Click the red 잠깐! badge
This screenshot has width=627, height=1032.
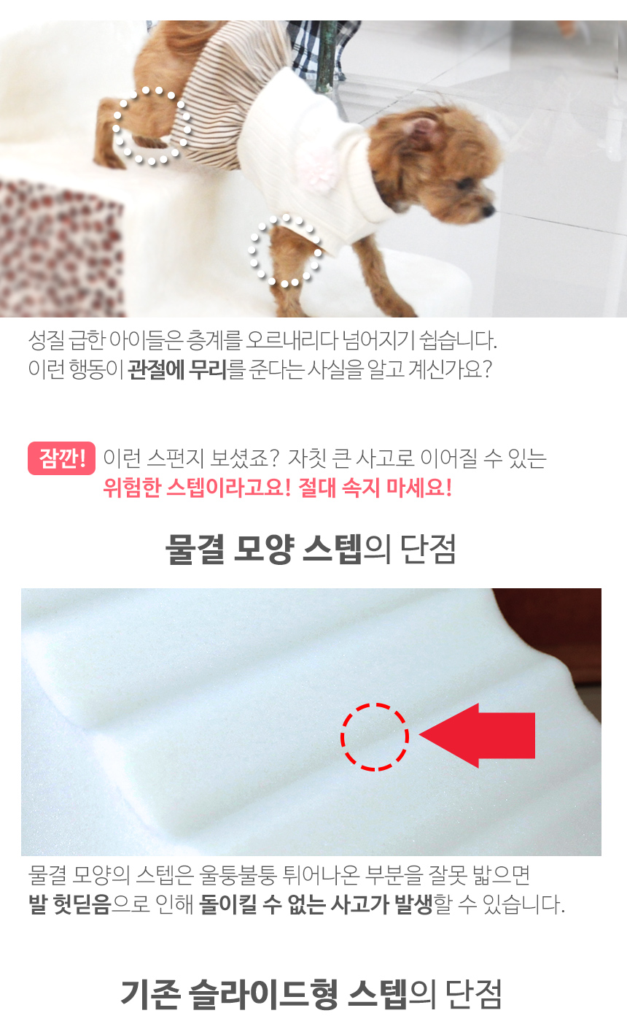click(x=62, y=458)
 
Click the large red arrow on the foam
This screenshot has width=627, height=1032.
click(x=481, y=735)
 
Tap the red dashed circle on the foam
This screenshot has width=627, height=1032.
click(x=375, y=736)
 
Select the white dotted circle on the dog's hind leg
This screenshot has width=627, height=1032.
click(x=152, y=126)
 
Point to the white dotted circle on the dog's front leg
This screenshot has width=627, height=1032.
click(x=285, y=250)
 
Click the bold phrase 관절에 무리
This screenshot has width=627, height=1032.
click(x=177, y=369)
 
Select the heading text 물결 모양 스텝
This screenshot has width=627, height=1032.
click(x=262, y=550)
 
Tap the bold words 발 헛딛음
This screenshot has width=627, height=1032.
click(x=70, y=905)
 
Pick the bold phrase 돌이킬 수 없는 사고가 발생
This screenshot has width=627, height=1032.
click(x=316, y=905)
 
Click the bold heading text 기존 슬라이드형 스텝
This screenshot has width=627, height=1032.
click(x=263, y=994)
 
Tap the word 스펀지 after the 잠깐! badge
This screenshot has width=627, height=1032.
click(x=175, y=458)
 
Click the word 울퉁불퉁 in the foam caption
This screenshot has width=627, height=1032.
click(x=241, y=874)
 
